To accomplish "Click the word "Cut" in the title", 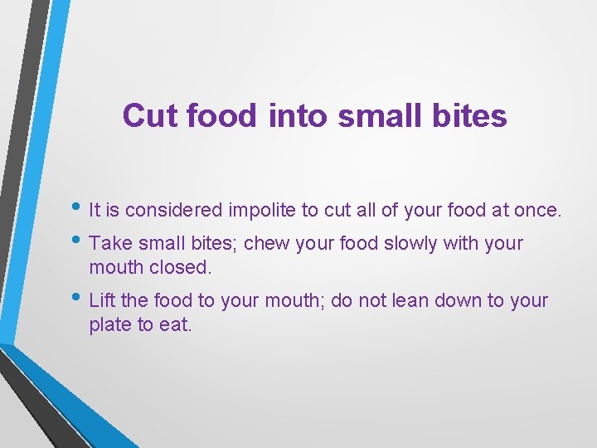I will pyautogui.click(x=151, y=115).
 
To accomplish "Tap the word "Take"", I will pyautogui.click(x=108, y=244).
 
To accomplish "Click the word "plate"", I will pyautogui.click(x=109, y=324).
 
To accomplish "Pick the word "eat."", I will pyautogui.click(x=175, y=324).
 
